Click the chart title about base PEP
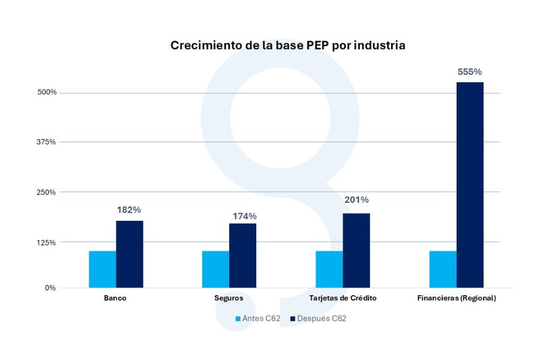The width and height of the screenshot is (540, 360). point(288,46)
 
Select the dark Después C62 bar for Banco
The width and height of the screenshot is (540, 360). point(130,254)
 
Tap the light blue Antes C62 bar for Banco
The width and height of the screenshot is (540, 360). point(103,269)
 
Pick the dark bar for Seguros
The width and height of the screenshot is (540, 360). point(243,256)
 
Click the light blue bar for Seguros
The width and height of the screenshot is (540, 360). point(216,269)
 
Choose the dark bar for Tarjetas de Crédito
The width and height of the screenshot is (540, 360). point(356,251)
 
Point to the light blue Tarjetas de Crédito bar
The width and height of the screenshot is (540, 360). point(329,269)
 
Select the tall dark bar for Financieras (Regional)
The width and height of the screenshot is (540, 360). point(470,185)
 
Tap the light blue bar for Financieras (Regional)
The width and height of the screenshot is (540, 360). point(443,269)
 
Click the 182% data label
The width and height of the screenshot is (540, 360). point(129,210)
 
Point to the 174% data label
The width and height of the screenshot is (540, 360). point(245,216)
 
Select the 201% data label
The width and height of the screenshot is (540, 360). point(356,200)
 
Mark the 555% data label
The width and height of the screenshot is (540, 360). point(470,72)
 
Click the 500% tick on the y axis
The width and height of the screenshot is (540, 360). point(47,92)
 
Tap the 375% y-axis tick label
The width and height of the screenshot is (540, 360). point(47,142)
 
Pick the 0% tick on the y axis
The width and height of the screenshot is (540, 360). point(50,288)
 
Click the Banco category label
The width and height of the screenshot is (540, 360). point(115,298)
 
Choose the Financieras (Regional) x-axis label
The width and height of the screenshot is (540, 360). point(457,298)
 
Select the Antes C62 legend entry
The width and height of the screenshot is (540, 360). point(257,319)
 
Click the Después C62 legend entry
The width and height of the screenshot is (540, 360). point(318,319)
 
